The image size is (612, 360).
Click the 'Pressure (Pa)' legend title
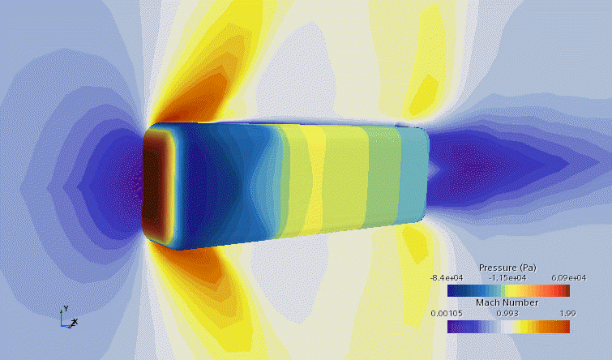507,268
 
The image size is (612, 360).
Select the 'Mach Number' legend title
507,302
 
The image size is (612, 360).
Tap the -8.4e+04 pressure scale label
447,278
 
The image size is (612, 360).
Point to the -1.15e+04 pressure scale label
507,278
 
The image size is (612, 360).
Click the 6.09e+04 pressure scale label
569,278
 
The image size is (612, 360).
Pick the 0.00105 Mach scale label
447,314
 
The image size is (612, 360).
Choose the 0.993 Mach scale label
507,314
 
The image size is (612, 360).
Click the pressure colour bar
508,290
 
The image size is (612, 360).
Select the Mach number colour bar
508,327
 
